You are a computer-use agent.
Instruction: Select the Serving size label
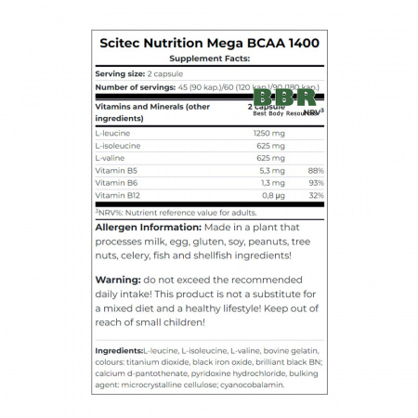click(121, 73)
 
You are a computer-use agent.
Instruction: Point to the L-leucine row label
click(113, 134)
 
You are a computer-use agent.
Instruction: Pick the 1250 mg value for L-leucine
click(269, 134)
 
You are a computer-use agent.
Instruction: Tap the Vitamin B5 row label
click(116, 171)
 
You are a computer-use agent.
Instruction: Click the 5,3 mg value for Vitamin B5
click(272, 171)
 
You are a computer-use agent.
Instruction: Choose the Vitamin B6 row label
click(116, 183)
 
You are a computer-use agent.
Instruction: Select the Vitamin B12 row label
click(118, 196)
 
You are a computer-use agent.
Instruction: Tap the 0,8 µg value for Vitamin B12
click(273, 196)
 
